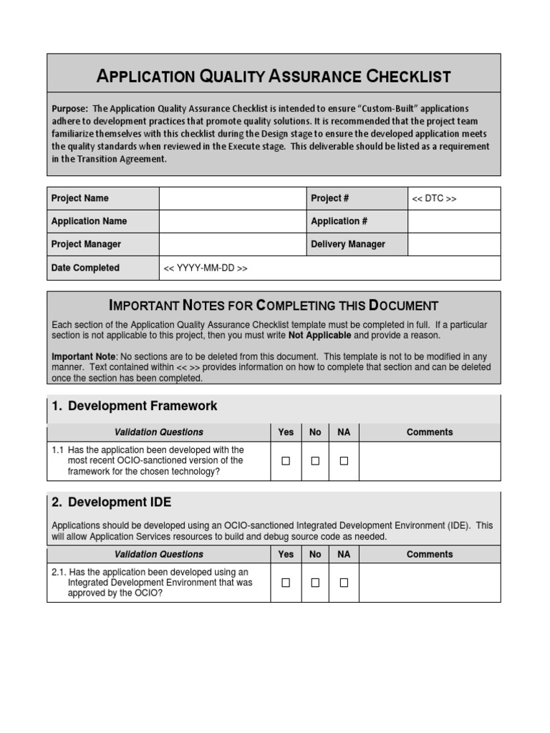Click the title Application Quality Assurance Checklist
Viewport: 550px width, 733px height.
[274, 76]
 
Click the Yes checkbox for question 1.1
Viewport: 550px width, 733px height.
[286, 461]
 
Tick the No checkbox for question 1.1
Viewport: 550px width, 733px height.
[315, 461]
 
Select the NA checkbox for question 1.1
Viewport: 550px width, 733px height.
[344, 461]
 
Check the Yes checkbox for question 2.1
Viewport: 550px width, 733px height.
[286, 583]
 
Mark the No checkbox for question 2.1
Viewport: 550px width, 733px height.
[315, 583]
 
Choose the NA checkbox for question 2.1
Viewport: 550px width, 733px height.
[344, 583]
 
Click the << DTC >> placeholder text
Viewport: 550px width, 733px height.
[434, 198]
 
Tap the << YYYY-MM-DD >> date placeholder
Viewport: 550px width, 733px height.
[206, 268]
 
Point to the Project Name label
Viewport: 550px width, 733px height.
[80, 198]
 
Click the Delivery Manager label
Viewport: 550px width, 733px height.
[347, 244]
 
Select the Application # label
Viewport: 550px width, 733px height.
[339, 221]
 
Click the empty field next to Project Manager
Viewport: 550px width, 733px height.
[232, 244]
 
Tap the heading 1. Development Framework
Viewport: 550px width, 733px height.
[134, 406]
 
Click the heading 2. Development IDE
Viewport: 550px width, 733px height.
[111, 503]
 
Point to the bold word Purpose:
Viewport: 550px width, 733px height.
[70, 109]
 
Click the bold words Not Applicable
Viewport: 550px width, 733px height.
[319, 335]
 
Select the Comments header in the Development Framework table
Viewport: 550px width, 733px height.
[430, 432]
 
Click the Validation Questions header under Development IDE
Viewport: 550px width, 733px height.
[158, 554]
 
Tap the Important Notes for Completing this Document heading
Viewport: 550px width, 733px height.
[274, 306]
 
